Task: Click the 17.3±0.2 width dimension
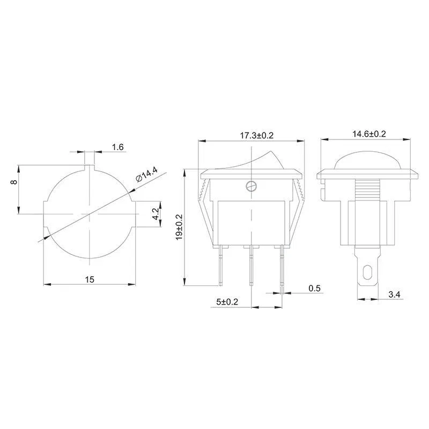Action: [257, 136]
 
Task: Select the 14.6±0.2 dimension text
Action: [369, 134]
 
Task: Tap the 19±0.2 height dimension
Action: [179, 227]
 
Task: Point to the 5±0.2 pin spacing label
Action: [227, 302]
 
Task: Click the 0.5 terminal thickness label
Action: [314, 288]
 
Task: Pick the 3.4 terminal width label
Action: [394, 294]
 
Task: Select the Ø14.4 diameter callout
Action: [146, 175]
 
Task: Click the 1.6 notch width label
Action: [117, 147]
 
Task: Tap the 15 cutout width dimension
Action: [90, 279]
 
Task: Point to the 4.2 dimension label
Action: [156, 213]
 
